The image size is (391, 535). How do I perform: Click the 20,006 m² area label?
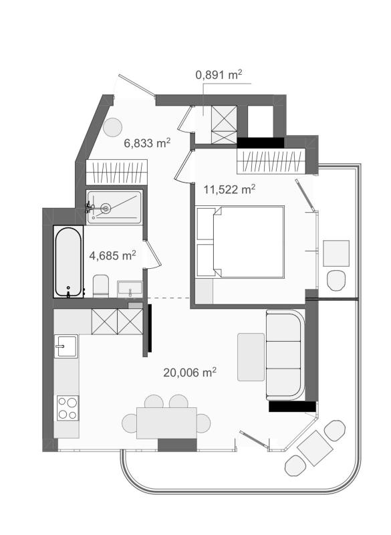190,372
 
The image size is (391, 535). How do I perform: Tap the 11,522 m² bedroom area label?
229,189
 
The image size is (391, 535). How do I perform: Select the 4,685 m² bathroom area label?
112,255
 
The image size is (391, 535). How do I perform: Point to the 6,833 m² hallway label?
147,142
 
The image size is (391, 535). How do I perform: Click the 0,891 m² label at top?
219,74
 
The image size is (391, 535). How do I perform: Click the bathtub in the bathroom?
69,261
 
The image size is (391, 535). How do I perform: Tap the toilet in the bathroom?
100,286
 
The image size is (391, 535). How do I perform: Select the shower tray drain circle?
106,207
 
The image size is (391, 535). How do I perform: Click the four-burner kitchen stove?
68,408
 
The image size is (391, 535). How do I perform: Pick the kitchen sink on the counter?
66,346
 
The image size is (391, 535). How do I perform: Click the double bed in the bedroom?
241,242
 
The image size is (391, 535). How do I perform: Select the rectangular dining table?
166,423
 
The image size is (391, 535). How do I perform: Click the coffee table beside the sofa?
251,357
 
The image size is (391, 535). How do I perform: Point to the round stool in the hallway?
112,127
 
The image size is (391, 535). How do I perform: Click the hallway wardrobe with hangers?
116,172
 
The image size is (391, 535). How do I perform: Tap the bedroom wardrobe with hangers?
271,160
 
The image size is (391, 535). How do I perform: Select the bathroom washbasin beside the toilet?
130,289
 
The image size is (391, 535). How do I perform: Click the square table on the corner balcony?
315,448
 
